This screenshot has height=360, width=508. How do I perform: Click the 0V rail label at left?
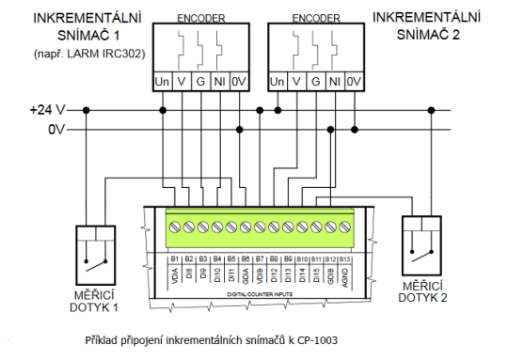[57, 129]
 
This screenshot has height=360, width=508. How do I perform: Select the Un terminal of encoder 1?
[162, 83]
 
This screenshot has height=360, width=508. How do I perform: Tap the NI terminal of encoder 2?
[333, 83]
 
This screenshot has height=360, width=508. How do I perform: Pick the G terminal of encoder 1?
[199, 83]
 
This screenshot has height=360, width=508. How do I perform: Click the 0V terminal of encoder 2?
[353, 83]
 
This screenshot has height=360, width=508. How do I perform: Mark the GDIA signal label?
[246, 276]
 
